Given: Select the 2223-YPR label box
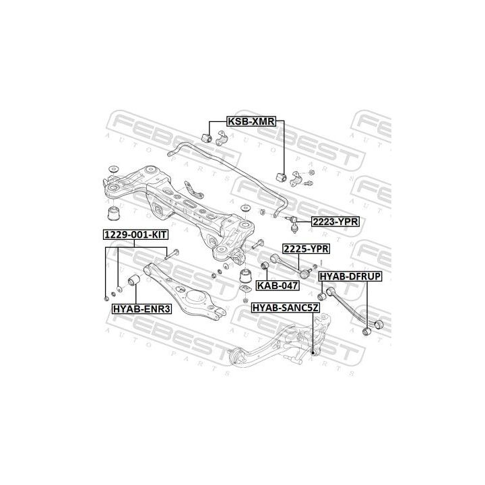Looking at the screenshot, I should tap(335, 220).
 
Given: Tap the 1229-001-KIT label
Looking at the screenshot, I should tap(135, 234).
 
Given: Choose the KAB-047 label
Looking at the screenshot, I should tap(278, 285).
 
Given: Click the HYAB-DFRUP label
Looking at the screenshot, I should tap(350, 276).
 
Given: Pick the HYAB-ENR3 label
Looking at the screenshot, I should tap(142, 309).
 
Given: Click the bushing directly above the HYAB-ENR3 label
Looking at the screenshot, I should tap(133, 280).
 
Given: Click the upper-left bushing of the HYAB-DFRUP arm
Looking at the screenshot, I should tap(323, 294).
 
